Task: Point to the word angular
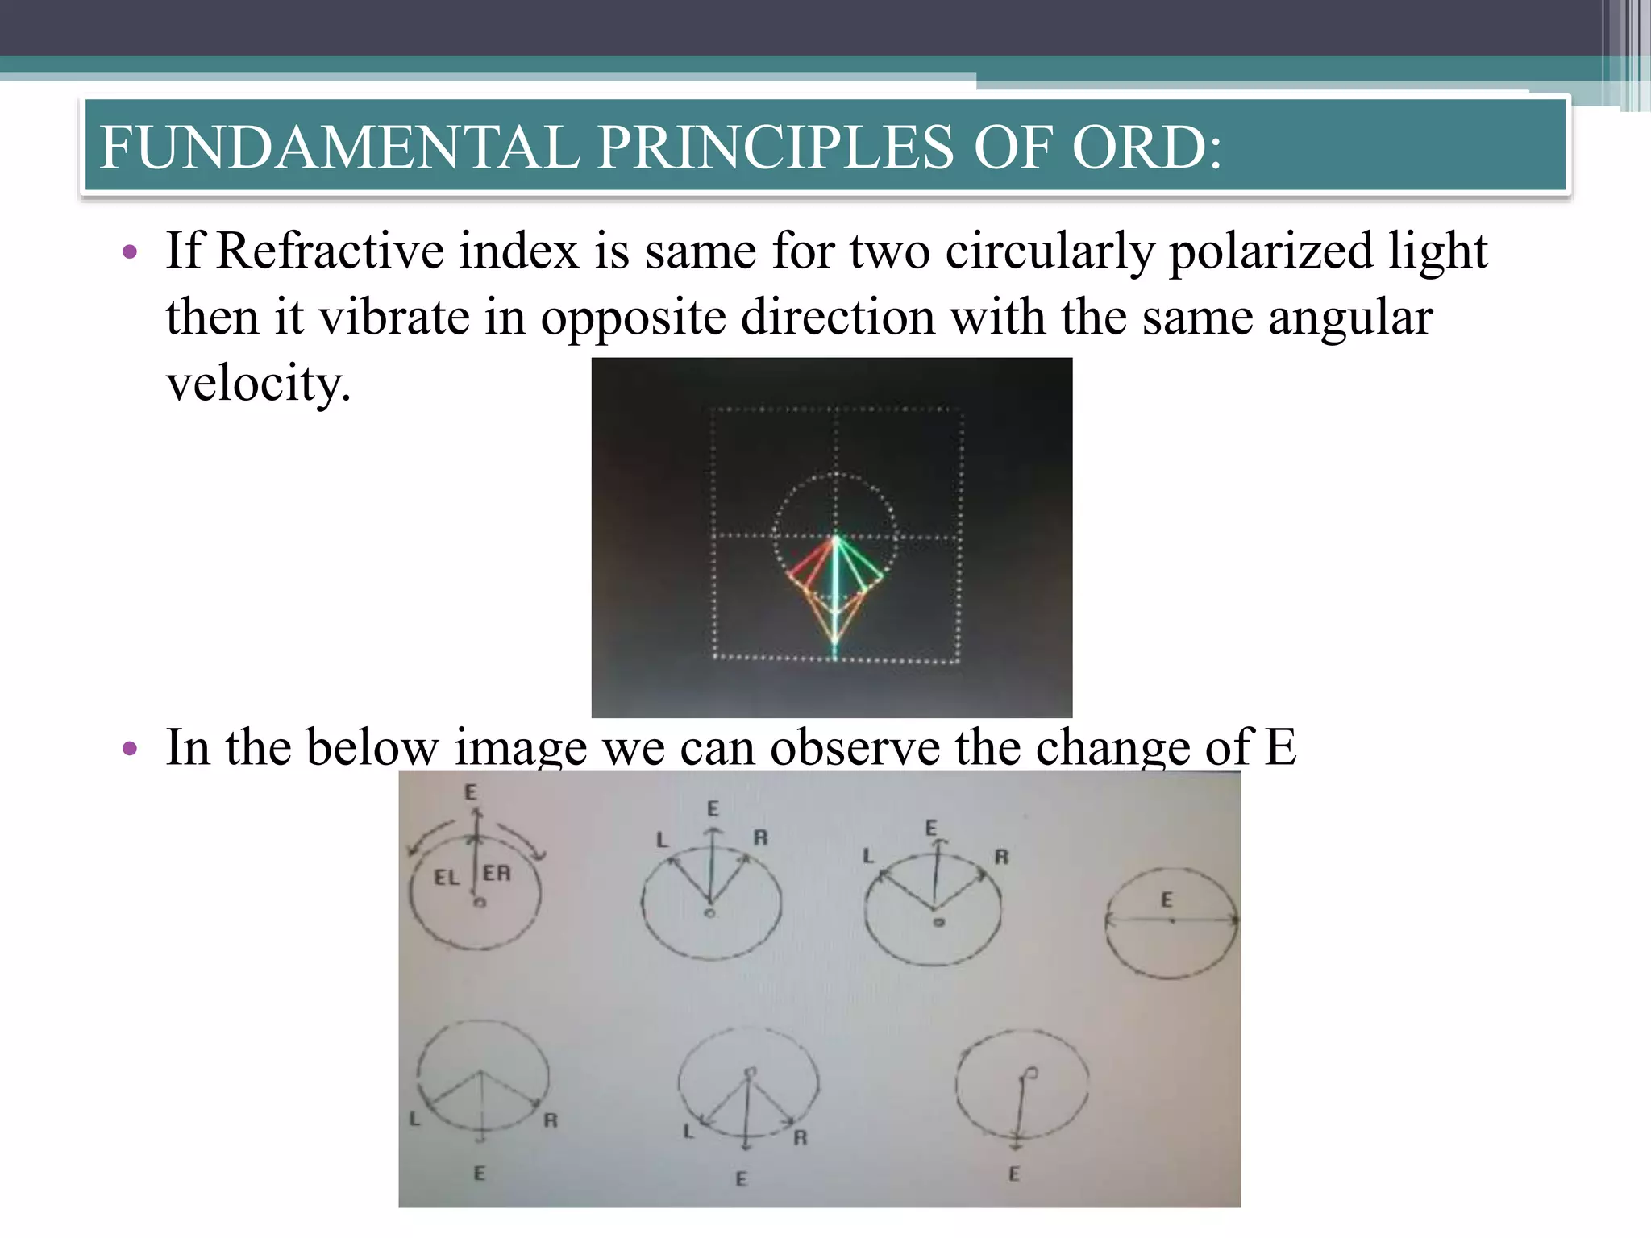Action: (x=1350, y=317)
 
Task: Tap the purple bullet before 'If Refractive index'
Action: (x=129, y=253)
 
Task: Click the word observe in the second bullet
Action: (x=854, y=747)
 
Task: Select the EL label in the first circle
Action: (x=446, y=877)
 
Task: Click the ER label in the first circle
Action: (x=497, y=873)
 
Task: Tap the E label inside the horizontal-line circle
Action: (x=1166, y=899)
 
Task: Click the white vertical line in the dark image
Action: (x=836, y=588)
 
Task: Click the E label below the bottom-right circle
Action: (x=1014, y=1174)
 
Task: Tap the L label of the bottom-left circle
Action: (x=414, y=1119)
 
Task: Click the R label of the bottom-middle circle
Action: (x=800, y=1137)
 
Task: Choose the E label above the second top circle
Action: (x=713, y=808)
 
